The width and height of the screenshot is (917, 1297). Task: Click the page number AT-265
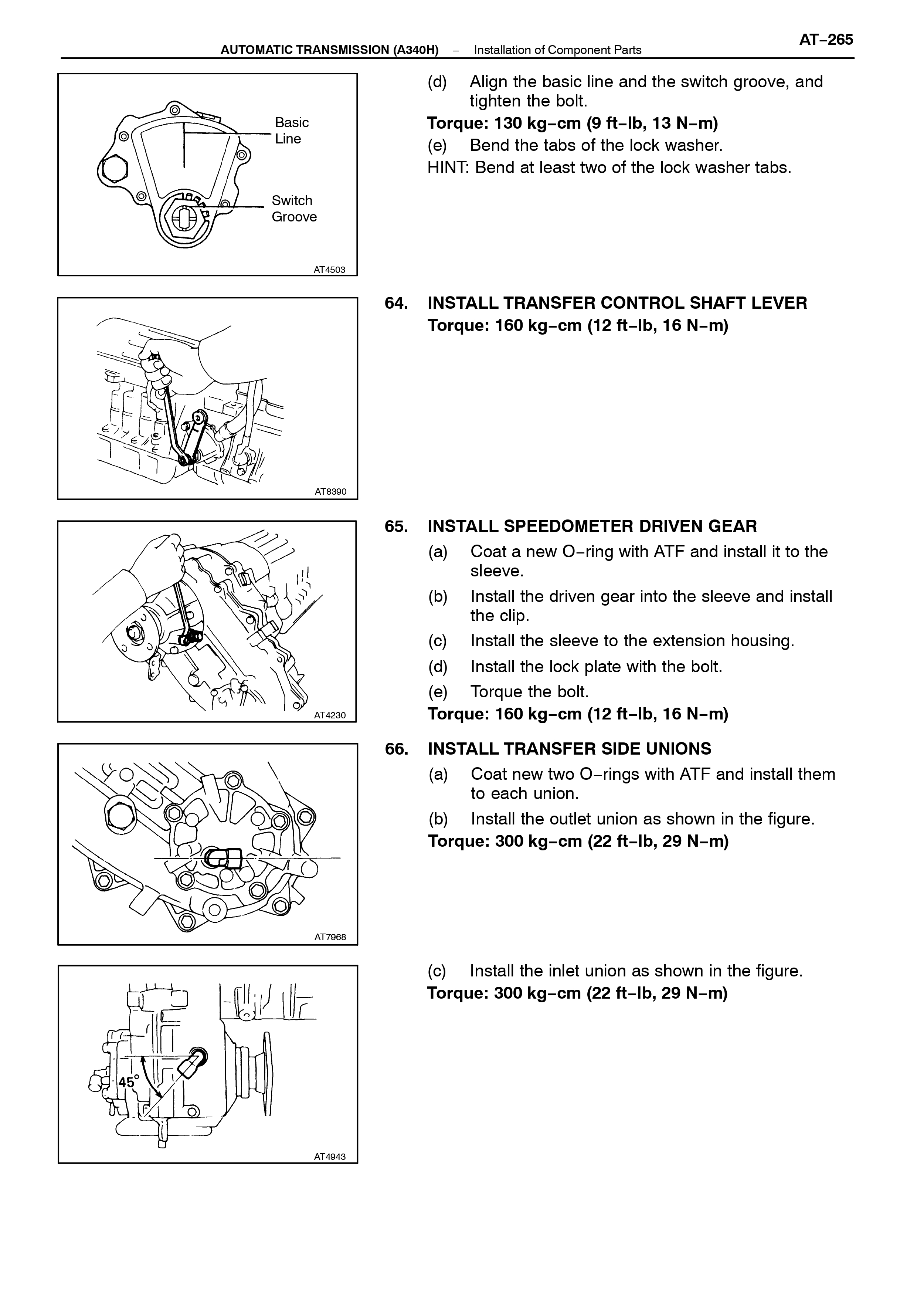click(826, 40)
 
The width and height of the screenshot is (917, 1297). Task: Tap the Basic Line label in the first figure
click(292, 131)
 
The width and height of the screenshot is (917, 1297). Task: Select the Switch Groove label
click(294, 209)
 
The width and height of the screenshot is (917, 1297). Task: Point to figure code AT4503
click(329, 270)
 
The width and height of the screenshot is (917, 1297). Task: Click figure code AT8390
click(330, 491)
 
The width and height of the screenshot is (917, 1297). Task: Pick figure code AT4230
click(330, 715)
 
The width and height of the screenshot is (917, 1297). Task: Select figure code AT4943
click(330, 1157)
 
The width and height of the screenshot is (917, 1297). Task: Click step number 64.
click(396, 303)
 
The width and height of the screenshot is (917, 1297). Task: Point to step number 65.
click(396, 526)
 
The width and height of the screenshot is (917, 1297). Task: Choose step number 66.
click(396, 749)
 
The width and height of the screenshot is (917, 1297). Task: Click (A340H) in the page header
click(416, 50)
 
